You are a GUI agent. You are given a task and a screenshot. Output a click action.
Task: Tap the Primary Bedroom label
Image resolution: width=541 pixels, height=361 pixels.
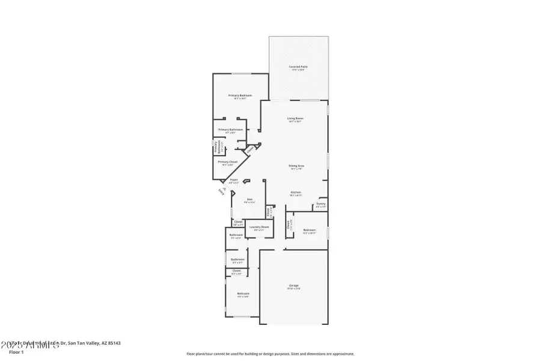point(239,96)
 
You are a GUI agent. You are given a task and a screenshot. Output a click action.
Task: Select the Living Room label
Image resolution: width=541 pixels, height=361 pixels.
point(295,119)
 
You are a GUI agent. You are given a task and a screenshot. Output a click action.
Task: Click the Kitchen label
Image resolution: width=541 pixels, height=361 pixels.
point(295,192)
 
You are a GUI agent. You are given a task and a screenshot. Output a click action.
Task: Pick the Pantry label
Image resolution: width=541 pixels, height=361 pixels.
point(320,204)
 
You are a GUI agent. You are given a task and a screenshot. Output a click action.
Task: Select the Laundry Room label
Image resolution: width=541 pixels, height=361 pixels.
point(259,227)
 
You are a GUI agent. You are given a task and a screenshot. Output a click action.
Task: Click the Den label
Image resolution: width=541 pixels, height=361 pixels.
point(249,200)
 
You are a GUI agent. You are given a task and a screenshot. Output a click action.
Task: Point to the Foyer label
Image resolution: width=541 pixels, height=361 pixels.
point(234,179)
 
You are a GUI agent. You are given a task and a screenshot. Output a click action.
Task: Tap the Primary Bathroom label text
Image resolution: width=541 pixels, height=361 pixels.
point(230,130)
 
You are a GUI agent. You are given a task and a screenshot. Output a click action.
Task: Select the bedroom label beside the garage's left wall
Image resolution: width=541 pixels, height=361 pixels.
point(243,294)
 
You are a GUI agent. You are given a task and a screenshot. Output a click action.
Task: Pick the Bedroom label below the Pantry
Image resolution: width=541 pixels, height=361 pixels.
point(309,230)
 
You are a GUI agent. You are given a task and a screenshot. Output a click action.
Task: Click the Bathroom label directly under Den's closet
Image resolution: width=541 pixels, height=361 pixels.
point(236,235)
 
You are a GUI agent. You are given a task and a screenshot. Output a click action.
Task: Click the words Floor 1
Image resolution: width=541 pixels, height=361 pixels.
point(16,352)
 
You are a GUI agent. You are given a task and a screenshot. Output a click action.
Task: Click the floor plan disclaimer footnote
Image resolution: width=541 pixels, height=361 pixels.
point(270,354)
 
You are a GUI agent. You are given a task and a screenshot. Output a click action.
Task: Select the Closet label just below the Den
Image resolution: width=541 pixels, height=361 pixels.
point(237,222)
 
